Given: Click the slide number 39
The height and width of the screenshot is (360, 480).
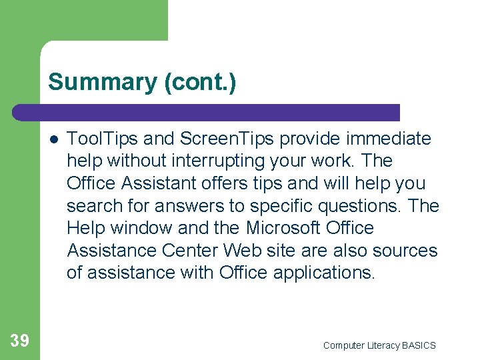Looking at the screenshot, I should (19, 341).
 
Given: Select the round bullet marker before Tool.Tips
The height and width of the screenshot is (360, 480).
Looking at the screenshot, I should (51, 139).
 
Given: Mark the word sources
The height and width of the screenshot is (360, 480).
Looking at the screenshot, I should (406, 251).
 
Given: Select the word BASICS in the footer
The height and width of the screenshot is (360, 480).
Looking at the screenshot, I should (419, 345).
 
